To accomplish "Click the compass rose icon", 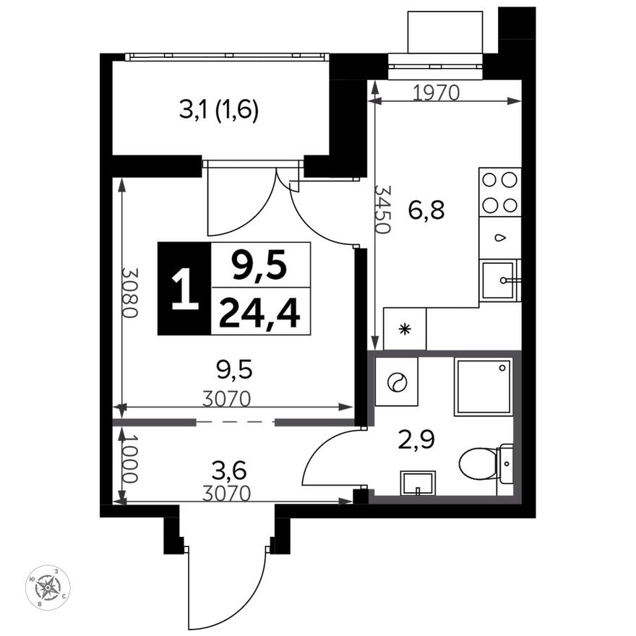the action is point(48,588).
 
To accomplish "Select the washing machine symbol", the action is point(396,382).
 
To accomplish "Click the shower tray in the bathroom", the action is point(483,387).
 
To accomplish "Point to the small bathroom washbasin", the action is point(418,483).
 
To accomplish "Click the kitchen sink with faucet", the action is point(499,280).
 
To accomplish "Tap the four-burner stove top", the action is point(499,192).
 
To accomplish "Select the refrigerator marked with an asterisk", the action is point(405,329).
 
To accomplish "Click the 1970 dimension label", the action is point(436,93).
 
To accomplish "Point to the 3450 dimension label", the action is point(382,210).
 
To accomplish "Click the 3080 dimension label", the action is point(131,293).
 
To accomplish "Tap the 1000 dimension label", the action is point(130,459).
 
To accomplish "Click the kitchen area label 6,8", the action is point(426,210).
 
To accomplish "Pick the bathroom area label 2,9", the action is point(416,439).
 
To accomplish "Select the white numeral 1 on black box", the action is point(185,288).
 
